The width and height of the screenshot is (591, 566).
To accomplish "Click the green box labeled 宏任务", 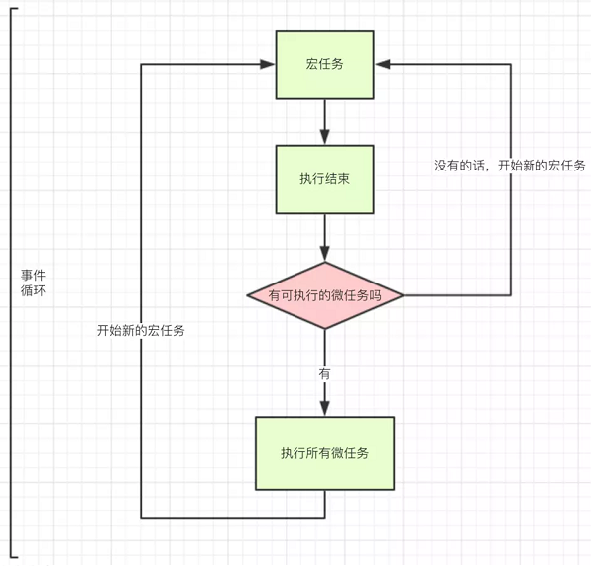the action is point(324,64).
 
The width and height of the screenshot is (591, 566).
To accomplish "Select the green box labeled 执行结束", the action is point(324,179).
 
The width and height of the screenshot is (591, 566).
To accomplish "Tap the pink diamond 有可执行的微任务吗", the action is point(325,295).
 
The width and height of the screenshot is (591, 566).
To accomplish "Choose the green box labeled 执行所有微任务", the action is point(324,453).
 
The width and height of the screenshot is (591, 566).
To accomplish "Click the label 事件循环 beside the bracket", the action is point(33,283).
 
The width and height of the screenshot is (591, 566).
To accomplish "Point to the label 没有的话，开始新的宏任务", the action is point(510,166).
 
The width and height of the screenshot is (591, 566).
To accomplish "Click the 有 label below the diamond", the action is point(324,374).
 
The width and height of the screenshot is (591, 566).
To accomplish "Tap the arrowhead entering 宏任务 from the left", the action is point(268,64).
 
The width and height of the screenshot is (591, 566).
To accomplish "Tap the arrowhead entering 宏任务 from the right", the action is point(383,64).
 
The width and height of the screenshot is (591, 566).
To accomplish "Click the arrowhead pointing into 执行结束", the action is point(324,137).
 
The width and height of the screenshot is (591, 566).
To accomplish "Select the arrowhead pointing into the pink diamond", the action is point(324,254).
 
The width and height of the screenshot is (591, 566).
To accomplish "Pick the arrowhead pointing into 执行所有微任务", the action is point(324,408).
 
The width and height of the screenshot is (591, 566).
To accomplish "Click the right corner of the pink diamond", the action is point(404,295).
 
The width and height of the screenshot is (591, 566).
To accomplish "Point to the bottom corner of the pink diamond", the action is point(325,329).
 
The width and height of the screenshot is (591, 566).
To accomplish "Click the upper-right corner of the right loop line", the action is point(511,64).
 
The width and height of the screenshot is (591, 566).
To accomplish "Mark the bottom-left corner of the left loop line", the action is point(141,518).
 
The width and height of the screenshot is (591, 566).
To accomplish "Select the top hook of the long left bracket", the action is point(14,8).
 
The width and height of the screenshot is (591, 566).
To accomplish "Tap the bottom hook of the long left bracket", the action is point(14,556).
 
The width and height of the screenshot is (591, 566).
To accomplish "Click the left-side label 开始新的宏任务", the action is point(141,330).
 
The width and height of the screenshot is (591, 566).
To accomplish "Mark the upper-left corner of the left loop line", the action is point(141,64).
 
